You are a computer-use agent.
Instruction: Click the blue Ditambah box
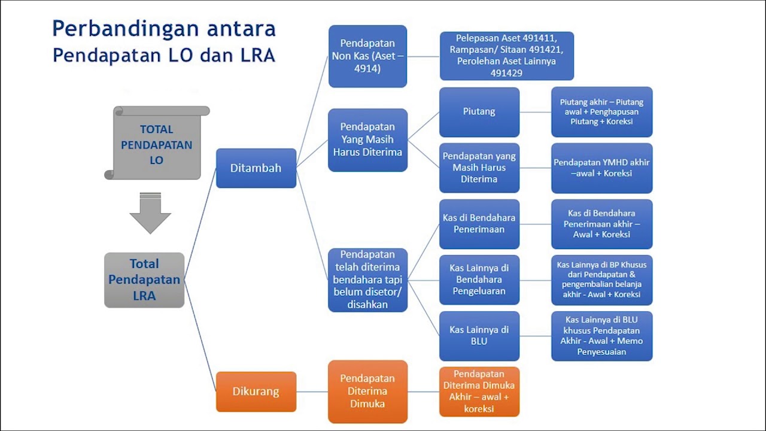pyautogui.click(x=256, y=168)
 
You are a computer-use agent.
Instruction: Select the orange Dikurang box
pyautogui.click(x=256, y=391)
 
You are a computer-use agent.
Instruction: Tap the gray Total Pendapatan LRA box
pyautogui.click(x=144, y=280)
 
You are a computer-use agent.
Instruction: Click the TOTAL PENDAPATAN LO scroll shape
pyautogui.click(x=157, y=144)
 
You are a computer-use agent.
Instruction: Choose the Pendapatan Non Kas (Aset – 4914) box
pyautogui.click(x=367, y=56)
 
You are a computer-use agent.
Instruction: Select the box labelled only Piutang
pyautogui.click(x=479, y=112)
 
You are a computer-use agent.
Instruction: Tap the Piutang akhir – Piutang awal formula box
pyautogui.click(x=601, y=112)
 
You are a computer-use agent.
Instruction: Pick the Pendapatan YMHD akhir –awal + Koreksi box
pyautogui.click(x=601, y=168)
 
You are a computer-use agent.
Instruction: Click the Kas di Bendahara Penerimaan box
pyautogui.click(x=479, y=224)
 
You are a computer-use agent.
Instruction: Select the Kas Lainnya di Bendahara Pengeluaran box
pyautogui.click(x=479, y=280)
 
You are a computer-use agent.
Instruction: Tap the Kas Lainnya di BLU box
pyautogui.click(x=479, y=336)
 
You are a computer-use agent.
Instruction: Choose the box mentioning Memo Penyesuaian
pyautogui.click(x=601, y=336)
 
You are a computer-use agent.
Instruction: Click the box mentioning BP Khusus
pyautogui.click(x=601, y=280)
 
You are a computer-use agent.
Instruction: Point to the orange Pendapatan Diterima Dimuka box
pyautogui.click(x=367, y=391)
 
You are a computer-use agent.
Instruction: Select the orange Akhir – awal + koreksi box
pyautogui.click(x=479, y=391)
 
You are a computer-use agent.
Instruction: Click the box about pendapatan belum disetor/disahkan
pyautogui.click(x=367, y=280)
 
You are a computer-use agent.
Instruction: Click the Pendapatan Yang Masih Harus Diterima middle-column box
pyautogui.click(x=367, y=140)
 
